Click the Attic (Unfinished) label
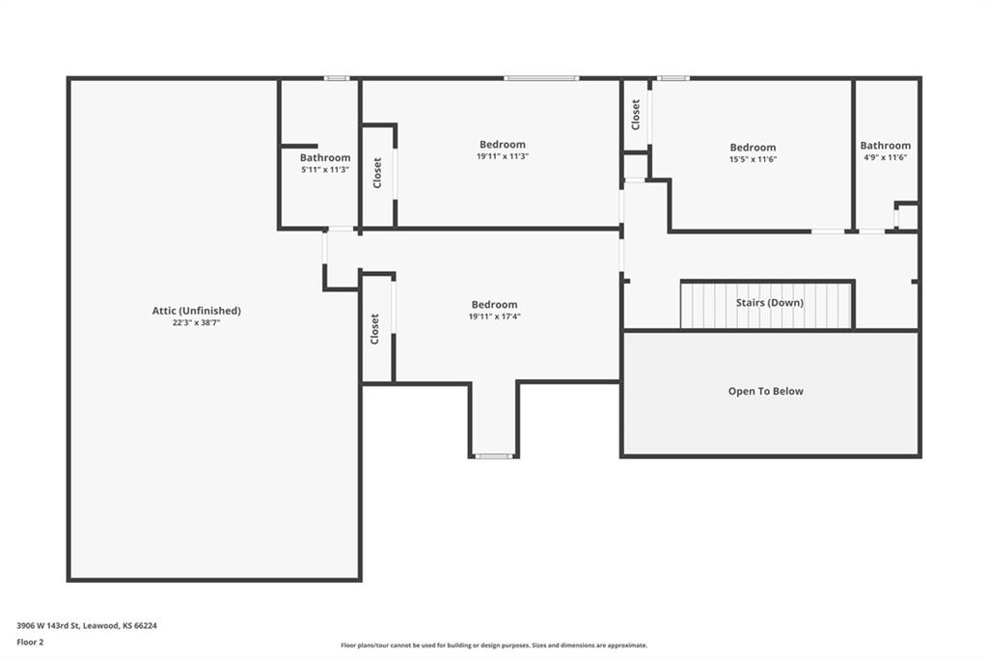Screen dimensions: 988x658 pos(197,311)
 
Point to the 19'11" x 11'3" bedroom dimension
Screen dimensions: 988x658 pos(502,156)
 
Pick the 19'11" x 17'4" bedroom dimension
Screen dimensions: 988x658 pos(495,317)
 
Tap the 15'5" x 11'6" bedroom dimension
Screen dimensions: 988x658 pos(753,159)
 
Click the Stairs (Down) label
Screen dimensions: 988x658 pos(769,303)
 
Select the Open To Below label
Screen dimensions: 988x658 pos(765,392)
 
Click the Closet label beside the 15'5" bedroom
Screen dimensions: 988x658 pos(636,115)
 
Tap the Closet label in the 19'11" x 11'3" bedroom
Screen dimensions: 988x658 pos(377,173)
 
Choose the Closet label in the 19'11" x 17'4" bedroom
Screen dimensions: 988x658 pos(375,329)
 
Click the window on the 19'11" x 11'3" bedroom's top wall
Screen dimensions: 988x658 pos(541,78)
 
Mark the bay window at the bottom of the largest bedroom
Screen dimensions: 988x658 pos(494,455)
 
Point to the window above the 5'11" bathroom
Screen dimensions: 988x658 pos(337,78)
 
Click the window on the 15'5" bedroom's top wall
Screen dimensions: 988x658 pos(672,78)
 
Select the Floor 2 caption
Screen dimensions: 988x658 pos(30,643)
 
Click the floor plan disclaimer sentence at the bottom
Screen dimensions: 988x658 pos(494,645)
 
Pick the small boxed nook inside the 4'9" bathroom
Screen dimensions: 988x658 pos(907,216)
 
